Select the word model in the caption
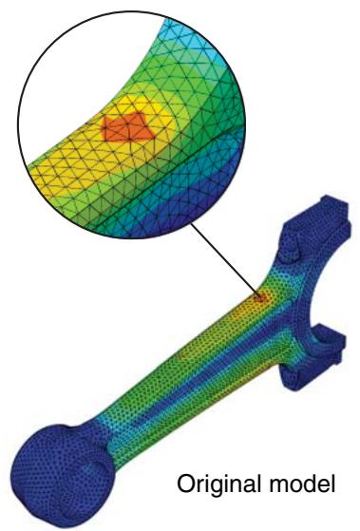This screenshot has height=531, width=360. coord(302,484)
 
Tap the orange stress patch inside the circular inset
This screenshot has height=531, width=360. coord(128,127)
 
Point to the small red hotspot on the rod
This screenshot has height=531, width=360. coord(260,298)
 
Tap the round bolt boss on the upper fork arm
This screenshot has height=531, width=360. coord(291,254)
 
